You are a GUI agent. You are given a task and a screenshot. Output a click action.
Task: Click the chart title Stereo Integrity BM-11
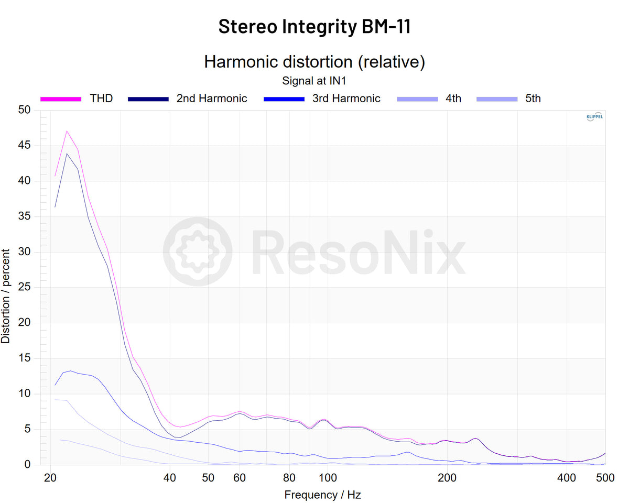click(x=314, y=26)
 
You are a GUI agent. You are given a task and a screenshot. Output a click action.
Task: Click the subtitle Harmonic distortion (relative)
click(x=314, y=61)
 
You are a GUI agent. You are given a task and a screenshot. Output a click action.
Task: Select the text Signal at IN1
click(x=314, y=81)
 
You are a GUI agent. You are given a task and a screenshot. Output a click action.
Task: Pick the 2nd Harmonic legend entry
click(x=211, y=98)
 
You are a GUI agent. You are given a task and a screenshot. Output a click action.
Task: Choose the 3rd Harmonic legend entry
click(x=346, y=98)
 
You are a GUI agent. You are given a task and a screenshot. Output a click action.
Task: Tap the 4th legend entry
click(x=453, y=98)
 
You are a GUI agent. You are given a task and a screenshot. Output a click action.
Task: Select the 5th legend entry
click(x=533, y=98)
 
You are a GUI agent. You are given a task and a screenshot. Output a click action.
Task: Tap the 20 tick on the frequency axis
click(x=50, y=477)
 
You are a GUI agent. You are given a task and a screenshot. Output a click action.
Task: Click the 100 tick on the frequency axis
click(x=328, y=477)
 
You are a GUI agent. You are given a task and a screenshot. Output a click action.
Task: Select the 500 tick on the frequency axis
click(x=605, y=477)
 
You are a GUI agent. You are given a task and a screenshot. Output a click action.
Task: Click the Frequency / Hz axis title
click(x=322, y=495)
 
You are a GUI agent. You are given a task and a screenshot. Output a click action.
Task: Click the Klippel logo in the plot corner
click(x=594, y=117)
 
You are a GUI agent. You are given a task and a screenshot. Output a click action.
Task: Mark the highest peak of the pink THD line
click(x=67, y=131)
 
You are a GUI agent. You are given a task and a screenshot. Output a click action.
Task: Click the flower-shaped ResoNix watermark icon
click(x=198, y=251)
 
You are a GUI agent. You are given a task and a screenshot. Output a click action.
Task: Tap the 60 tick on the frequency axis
click(x=240, y=477)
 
